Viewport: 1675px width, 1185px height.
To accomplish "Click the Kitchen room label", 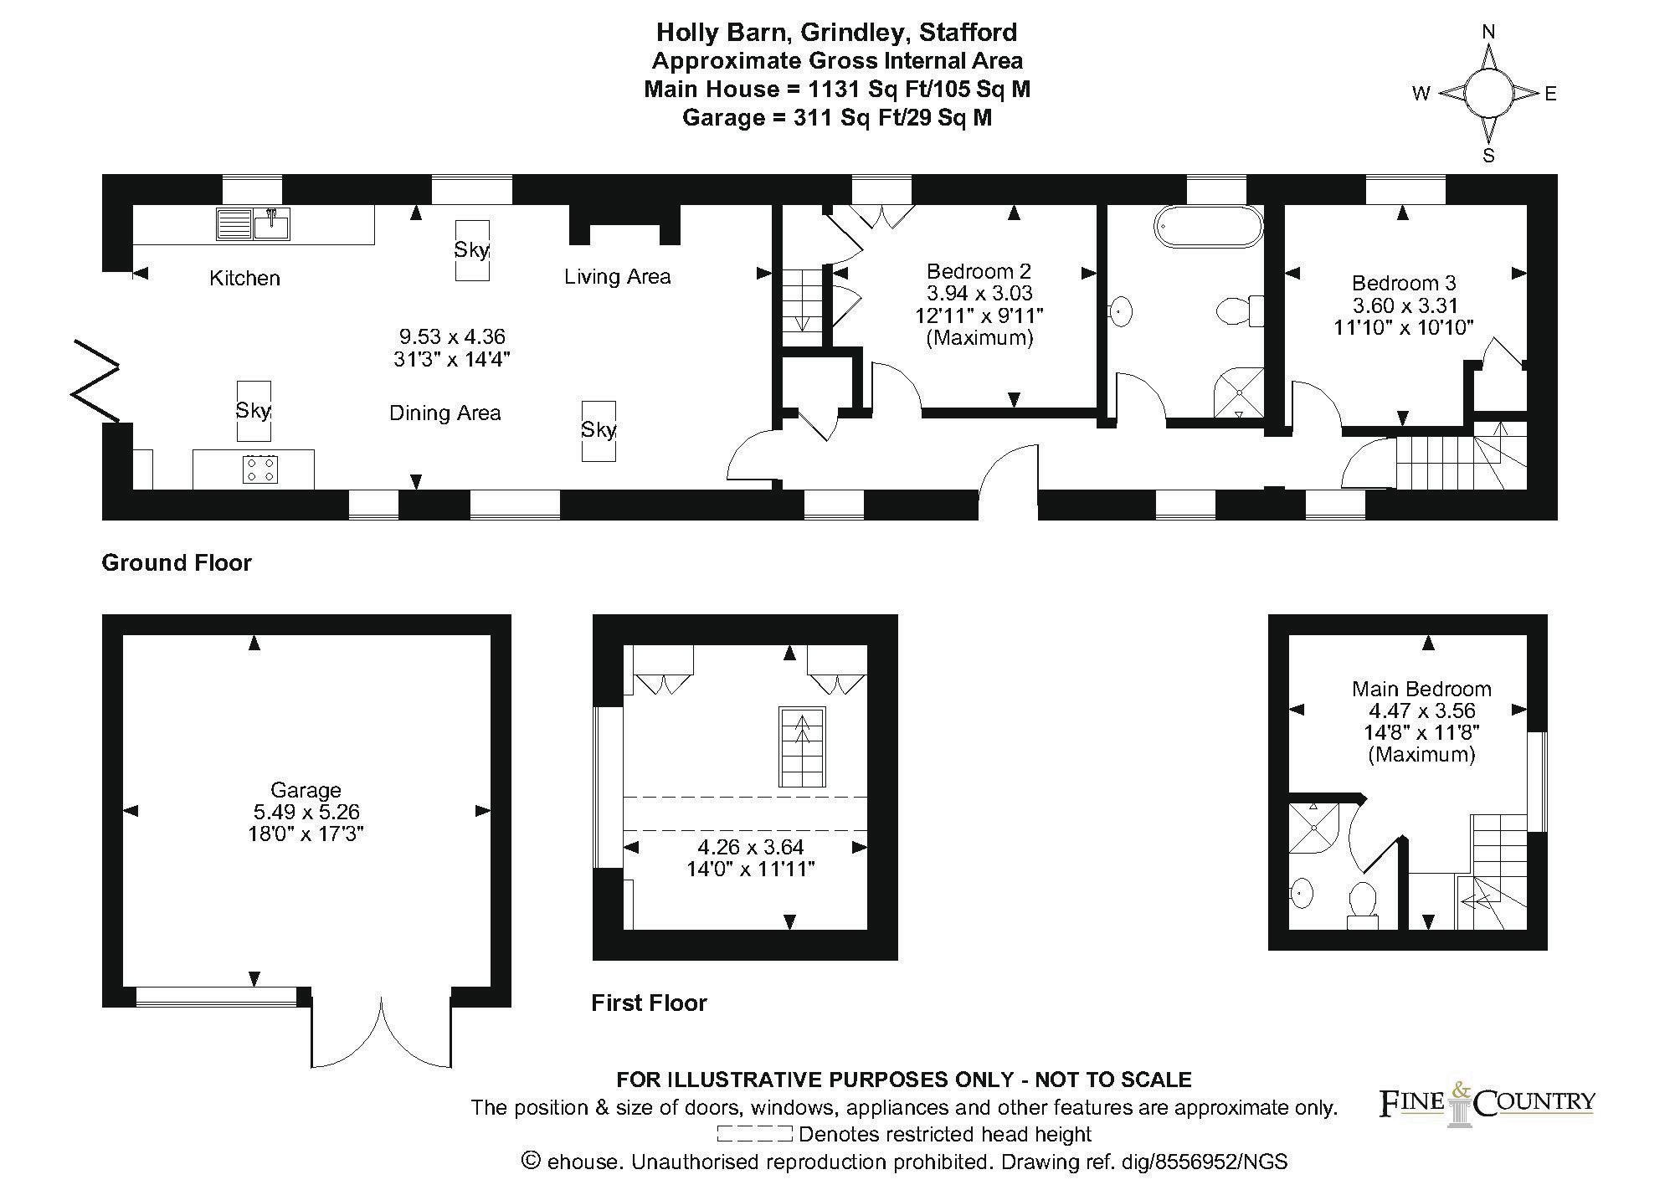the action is [244, 278].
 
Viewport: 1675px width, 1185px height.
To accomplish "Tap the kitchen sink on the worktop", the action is [254, 224].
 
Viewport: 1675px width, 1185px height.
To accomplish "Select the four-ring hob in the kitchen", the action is [260, 469].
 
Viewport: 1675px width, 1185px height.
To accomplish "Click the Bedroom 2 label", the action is [979, 271].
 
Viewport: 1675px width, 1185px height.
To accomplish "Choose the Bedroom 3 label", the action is [1404, 283].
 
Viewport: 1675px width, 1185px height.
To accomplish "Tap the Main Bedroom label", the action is [1421, 689].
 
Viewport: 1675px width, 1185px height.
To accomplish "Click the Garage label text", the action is [306, 790].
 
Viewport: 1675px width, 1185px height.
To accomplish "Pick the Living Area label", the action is [618, 276].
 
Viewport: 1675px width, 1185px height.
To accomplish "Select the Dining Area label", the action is [445, 413].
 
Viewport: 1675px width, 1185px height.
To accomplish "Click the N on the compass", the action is [1488, 32].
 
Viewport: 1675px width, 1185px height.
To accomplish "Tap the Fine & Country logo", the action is [1487, 1104].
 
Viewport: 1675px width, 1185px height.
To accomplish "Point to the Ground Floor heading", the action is [177, 562].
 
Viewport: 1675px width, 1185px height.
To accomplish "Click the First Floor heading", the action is [649, 1003].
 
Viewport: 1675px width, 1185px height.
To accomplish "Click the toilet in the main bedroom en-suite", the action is [1363, 904].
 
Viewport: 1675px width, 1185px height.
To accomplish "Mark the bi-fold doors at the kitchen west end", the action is [96, 381].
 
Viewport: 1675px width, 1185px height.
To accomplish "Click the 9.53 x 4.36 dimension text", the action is [452, 336].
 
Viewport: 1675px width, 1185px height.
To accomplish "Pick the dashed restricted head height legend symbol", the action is [754, 1135].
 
